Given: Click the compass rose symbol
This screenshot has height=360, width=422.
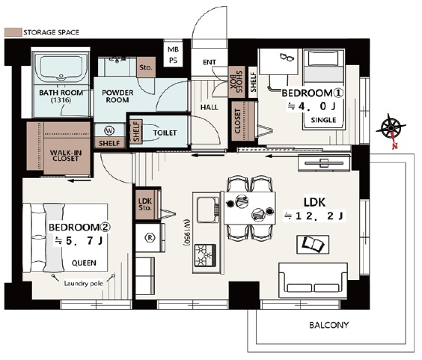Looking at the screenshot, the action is pos(391,129).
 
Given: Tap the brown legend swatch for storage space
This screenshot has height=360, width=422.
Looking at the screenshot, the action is pos(13,32).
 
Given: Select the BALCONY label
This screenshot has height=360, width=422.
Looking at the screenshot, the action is pos(328,325).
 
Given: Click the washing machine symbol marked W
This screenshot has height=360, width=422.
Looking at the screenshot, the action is pos(109,131).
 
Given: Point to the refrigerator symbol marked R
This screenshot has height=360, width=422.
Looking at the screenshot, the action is pos(150,237).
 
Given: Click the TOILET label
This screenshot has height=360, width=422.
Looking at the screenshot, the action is pos(165,132).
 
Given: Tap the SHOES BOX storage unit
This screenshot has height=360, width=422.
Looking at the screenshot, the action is pos(236,82).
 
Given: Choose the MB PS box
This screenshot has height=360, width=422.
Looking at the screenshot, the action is pos(174,55).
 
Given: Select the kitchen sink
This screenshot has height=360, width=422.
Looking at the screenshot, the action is pos(208,210).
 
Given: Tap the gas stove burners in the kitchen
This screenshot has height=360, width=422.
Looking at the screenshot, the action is pos(205,255).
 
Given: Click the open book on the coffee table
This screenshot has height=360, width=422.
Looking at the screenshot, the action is pos(313,244).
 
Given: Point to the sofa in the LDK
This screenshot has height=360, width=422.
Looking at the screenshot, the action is pos(313,281).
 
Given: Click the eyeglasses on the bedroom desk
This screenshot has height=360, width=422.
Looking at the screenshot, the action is pos(287,57).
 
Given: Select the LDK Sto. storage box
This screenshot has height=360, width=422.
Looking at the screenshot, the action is pos(146,204).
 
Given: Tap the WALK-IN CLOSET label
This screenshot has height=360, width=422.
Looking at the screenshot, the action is pos(66,156).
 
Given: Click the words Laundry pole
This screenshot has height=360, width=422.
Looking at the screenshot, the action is pos(84,283).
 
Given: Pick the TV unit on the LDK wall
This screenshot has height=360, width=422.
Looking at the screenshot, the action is pos(324,163).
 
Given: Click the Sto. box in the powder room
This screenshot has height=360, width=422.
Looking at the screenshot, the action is pos(146,67).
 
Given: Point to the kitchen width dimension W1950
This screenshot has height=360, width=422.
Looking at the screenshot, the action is pos(187,233).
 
